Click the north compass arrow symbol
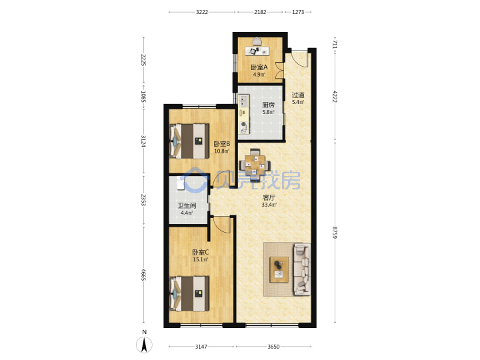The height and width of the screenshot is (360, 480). click(144, 345)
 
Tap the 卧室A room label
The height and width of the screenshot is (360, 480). click(259, 67)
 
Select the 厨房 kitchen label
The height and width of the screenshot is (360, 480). click(268, 105)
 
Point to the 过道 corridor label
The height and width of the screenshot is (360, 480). click(298, 95)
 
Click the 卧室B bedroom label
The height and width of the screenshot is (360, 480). click(221, 143)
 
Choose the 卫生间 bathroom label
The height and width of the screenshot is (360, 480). click(187, 206)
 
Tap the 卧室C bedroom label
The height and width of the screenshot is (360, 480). click(200, 252)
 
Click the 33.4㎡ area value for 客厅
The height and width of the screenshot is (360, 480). click(269, 205)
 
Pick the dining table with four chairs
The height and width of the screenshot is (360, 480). click(255, 165)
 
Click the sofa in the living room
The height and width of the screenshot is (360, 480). click(302, 269)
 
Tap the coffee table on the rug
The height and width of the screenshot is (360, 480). click(279, 269)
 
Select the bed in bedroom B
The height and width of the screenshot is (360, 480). click(189, 141)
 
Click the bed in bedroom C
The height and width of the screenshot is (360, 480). click(189, 293)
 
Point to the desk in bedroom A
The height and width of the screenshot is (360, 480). click(257, 51)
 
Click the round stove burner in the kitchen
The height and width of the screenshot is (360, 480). click(244, 124)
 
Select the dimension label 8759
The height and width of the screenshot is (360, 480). click(335, 233)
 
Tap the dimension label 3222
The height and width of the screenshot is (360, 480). click(202, 12)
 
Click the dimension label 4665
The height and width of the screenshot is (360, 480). click(143, 275)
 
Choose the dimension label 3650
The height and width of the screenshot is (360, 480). click(274, 347)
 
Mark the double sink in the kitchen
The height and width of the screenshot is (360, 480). click(244, 101)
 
